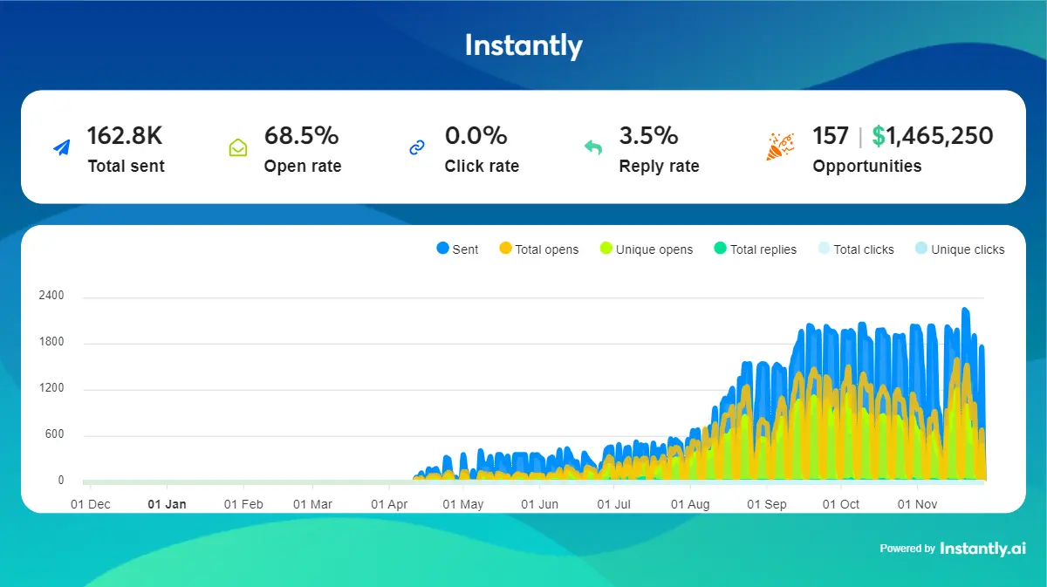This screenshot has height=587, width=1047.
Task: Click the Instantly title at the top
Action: coord(523,45)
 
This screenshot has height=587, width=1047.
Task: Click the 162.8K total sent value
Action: coord(125,136)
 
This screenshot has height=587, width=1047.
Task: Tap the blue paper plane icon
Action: coord(61,147)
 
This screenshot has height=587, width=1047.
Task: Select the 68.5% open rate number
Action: coord(301,136)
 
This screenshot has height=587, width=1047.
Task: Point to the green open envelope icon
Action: coord(238,147)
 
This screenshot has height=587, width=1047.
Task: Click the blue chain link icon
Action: coord(417,147)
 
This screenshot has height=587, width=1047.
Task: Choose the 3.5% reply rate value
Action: coord(648,136)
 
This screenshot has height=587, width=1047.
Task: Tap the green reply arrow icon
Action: coord(593,147)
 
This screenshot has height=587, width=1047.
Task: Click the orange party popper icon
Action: coord(779,147)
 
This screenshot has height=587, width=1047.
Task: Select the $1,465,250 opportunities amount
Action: coord(933,136)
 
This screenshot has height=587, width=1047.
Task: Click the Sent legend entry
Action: coord(457,249)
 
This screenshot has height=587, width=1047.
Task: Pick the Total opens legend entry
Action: coord(538,249)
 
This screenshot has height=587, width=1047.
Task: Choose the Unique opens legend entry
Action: coord(647,249)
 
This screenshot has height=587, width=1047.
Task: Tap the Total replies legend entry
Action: coord(755,249)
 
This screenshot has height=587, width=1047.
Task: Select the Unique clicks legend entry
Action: coord(959,249)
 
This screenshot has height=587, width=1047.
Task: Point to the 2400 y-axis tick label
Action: coord(51,296)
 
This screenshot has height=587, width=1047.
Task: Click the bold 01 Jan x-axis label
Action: coord(167,504)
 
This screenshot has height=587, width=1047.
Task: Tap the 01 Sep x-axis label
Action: coord(767,504)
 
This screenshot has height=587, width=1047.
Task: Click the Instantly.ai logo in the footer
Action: coord(982,549)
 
